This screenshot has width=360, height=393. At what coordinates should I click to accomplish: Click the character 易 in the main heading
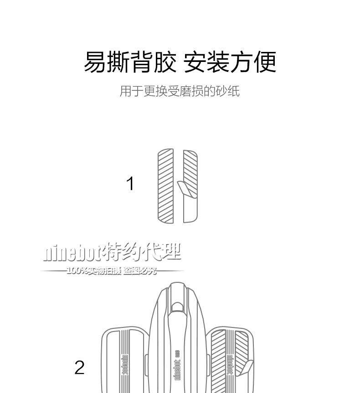[95, 62]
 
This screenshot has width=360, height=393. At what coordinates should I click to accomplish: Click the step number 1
[130, 184]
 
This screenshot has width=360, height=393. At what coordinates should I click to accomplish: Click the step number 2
[80, 367]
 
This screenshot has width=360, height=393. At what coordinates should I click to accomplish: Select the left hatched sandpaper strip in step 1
[166, 186]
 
